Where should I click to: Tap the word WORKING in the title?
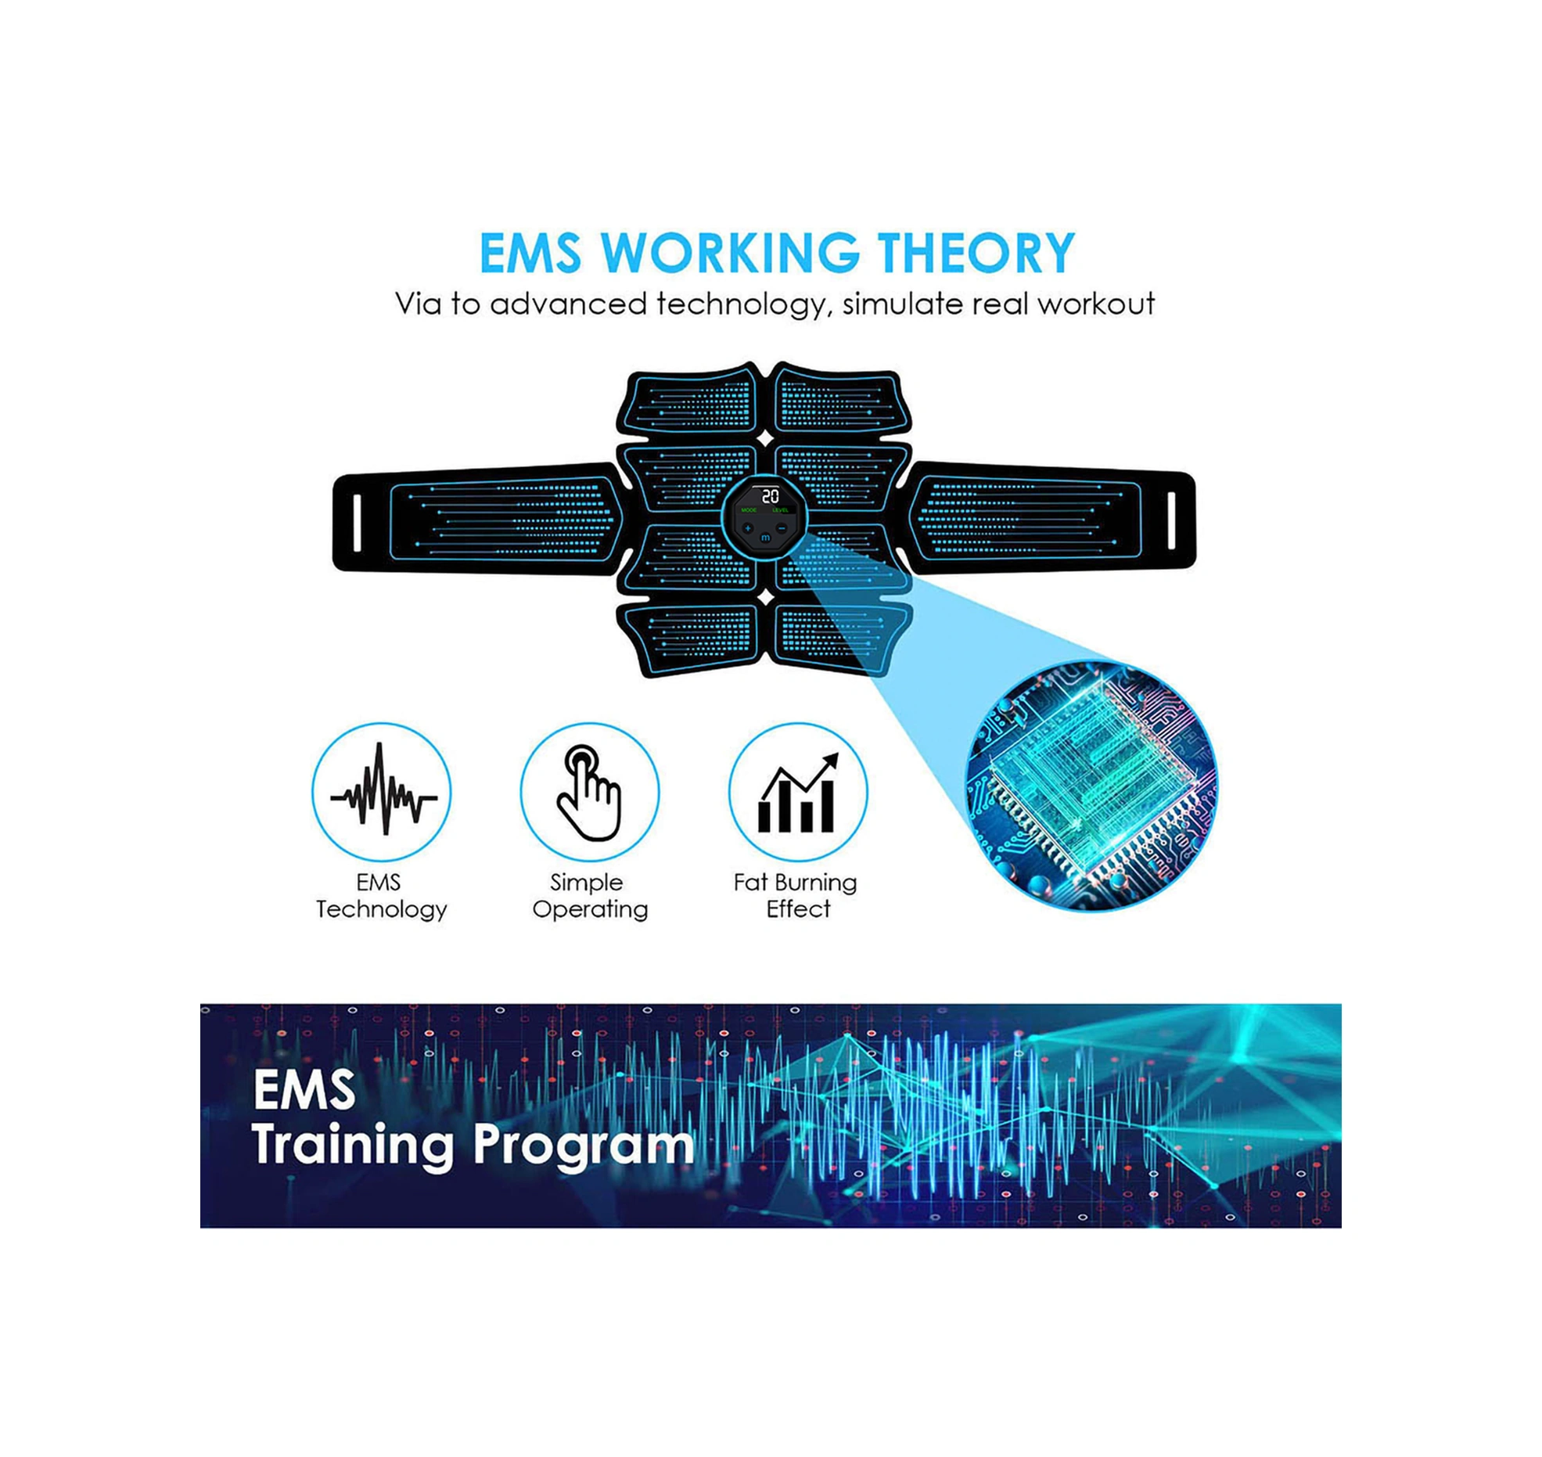pyautogui.click(x=730, y=253)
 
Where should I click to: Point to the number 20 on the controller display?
pyautogui.click(x=770, y=496)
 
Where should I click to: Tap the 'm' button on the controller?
pyautogui.click(x=765, y=537)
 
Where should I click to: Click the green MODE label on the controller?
pyautogui.click(x=749, y=510)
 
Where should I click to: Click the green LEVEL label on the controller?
pyautogui.click(x=780, y=510)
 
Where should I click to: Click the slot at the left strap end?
pyautogui.click(x=358, y=522)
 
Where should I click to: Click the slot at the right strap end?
pyautogui.click(x=1171, y=521)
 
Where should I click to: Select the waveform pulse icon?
pyautogui.click(x=383, y=790)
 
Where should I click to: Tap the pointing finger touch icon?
pyautogui.click(x=588, y=793)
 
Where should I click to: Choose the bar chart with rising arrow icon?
pyautogui.click(x=797, y=793)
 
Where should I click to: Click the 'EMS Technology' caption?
pyautogui.click(x=381, y=896)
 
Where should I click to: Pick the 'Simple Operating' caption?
pyautogui.click(x=590, y=896)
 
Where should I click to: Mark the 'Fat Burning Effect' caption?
pyautogui.click(x=796, y=896)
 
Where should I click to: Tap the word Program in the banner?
pyautogui.click(x=583, y=1146)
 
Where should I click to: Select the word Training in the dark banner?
pyautogui.click(x=352, y=1146)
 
